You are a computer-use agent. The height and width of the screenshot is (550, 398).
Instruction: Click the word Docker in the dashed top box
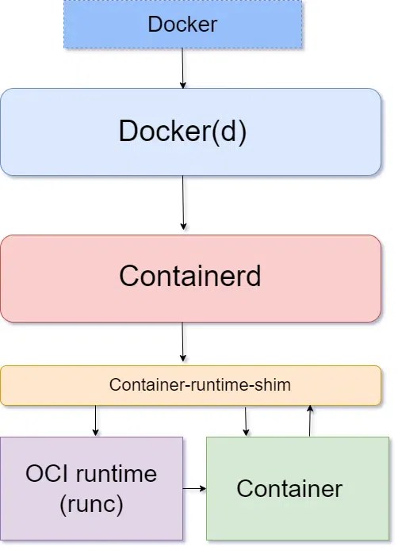(x=182, y=24)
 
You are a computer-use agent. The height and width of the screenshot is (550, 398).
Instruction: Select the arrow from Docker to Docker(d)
(x=183, y=68)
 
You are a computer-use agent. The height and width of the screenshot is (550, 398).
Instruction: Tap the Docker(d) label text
(x=182, y=131)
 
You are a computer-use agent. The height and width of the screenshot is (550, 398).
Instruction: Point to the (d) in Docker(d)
(x=230, y=131)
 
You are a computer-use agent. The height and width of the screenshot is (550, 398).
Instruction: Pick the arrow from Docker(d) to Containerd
(x=183, y=203)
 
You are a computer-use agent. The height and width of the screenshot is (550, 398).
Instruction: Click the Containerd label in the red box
(x=190, y=277)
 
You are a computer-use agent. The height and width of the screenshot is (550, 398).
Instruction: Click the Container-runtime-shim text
(x=200, y=385)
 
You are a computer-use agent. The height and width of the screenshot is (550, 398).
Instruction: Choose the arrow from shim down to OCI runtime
(x=96, y=420)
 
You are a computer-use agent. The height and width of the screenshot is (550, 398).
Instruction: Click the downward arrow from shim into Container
(x=246, y=421)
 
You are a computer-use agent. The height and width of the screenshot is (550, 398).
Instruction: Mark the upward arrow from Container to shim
(x=310, y=420)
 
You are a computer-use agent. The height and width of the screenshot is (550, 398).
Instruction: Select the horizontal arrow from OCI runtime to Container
(x=194, y=488)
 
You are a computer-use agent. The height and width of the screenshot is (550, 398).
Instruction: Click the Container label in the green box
(x=289, y=488)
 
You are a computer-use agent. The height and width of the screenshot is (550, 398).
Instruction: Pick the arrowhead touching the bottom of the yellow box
(x=310, y=409)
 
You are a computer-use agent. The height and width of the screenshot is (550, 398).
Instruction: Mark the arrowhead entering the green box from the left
(x=202, y=488)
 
